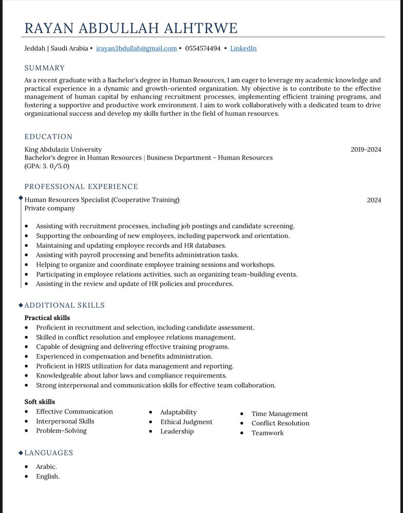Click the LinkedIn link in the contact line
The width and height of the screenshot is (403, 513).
(243, 48)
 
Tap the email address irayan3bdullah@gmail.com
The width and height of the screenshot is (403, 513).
(137, 48)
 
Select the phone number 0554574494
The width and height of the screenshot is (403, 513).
(203, 48)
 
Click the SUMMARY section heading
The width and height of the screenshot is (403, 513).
(45, 68)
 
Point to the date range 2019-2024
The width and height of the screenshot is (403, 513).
(366, 150)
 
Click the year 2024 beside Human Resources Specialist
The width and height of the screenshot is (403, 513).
(374, 200)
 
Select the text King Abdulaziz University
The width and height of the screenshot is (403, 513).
(63, 149)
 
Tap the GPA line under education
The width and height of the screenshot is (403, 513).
(47, 166)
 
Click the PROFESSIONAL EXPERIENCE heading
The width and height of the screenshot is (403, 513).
(81, 187)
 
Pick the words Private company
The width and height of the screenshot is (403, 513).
(50, 208)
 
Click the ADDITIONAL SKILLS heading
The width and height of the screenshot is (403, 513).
(65, 305)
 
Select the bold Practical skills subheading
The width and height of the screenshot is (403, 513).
(47, 318)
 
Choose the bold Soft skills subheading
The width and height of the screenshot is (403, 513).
(40, 402)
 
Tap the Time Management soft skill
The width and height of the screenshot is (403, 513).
(280, 413)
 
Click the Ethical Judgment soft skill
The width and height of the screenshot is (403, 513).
(186, 422)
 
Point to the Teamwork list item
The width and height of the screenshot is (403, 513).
(267, 433)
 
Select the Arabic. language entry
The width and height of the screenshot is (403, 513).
(46, 467)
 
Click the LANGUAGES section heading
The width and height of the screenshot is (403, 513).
(49, 453)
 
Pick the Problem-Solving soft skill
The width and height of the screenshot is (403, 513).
(61, 431)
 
